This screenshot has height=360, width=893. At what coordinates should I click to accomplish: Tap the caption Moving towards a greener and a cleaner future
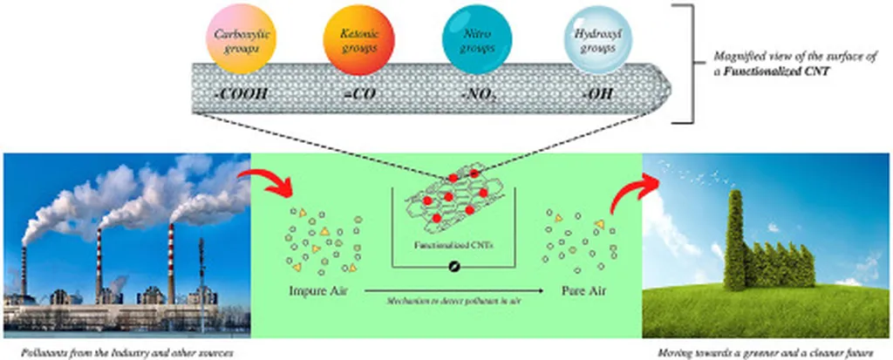coord(768,350)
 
